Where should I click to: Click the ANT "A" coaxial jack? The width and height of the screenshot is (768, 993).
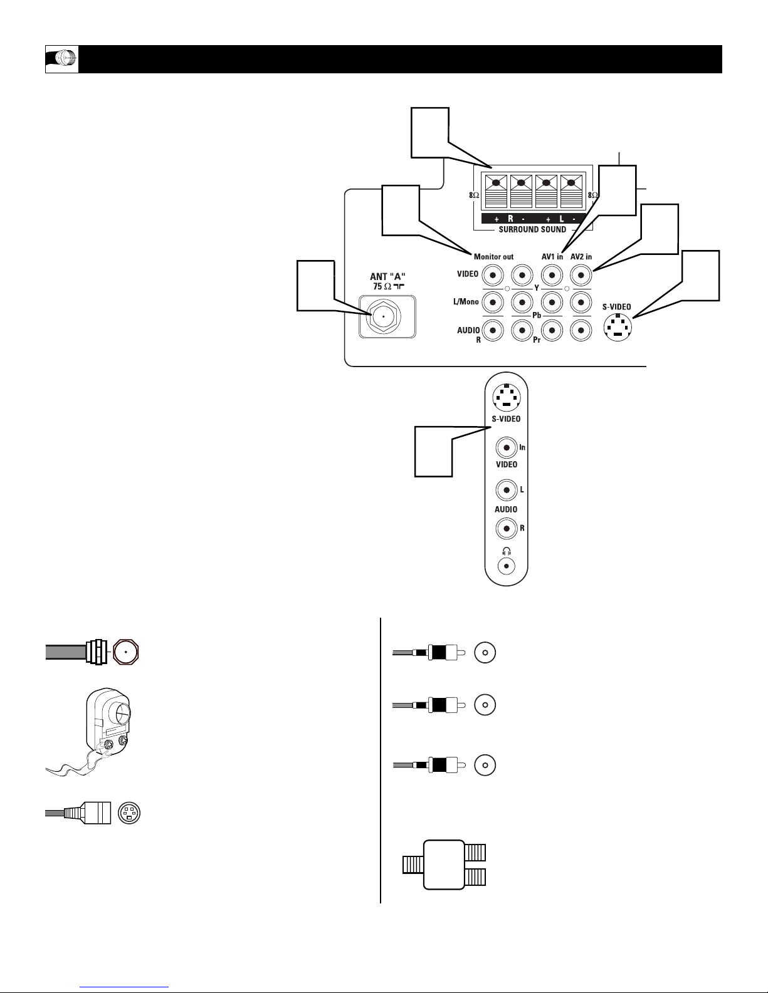pos(383,316)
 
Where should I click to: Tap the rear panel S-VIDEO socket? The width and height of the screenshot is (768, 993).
pos(618,328)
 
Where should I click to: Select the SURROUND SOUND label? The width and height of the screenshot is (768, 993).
pos(532,229)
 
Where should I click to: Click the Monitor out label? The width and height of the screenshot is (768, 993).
pos(493,257)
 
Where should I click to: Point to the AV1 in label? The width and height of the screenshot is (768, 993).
pos(552,257)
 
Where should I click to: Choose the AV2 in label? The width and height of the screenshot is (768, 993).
pos(581,257)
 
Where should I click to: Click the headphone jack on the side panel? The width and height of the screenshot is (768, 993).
pos(506,566)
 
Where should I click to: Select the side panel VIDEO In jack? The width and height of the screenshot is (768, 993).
pos(507,448)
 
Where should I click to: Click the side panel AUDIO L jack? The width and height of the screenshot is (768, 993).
pos(507,491)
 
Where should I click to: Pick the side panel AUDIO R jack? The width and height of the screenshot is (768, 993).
pos(507,529)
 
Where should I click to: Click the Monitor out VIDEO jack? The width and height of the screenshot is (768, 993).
pos(493,276)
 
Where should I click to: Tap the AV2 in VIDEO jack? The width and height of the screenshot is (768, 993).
pos(581,276)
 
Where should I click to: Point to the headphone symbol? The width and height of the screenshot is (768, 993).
pos(507,551)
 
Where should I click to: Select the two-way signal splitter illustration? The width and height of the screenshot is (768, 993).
pos(444,865)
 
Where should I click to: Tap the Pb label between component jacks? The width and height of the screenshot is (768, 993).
pos(537,315)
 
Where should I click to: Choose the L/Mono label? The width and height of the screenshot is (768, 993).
pos(466,301)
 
